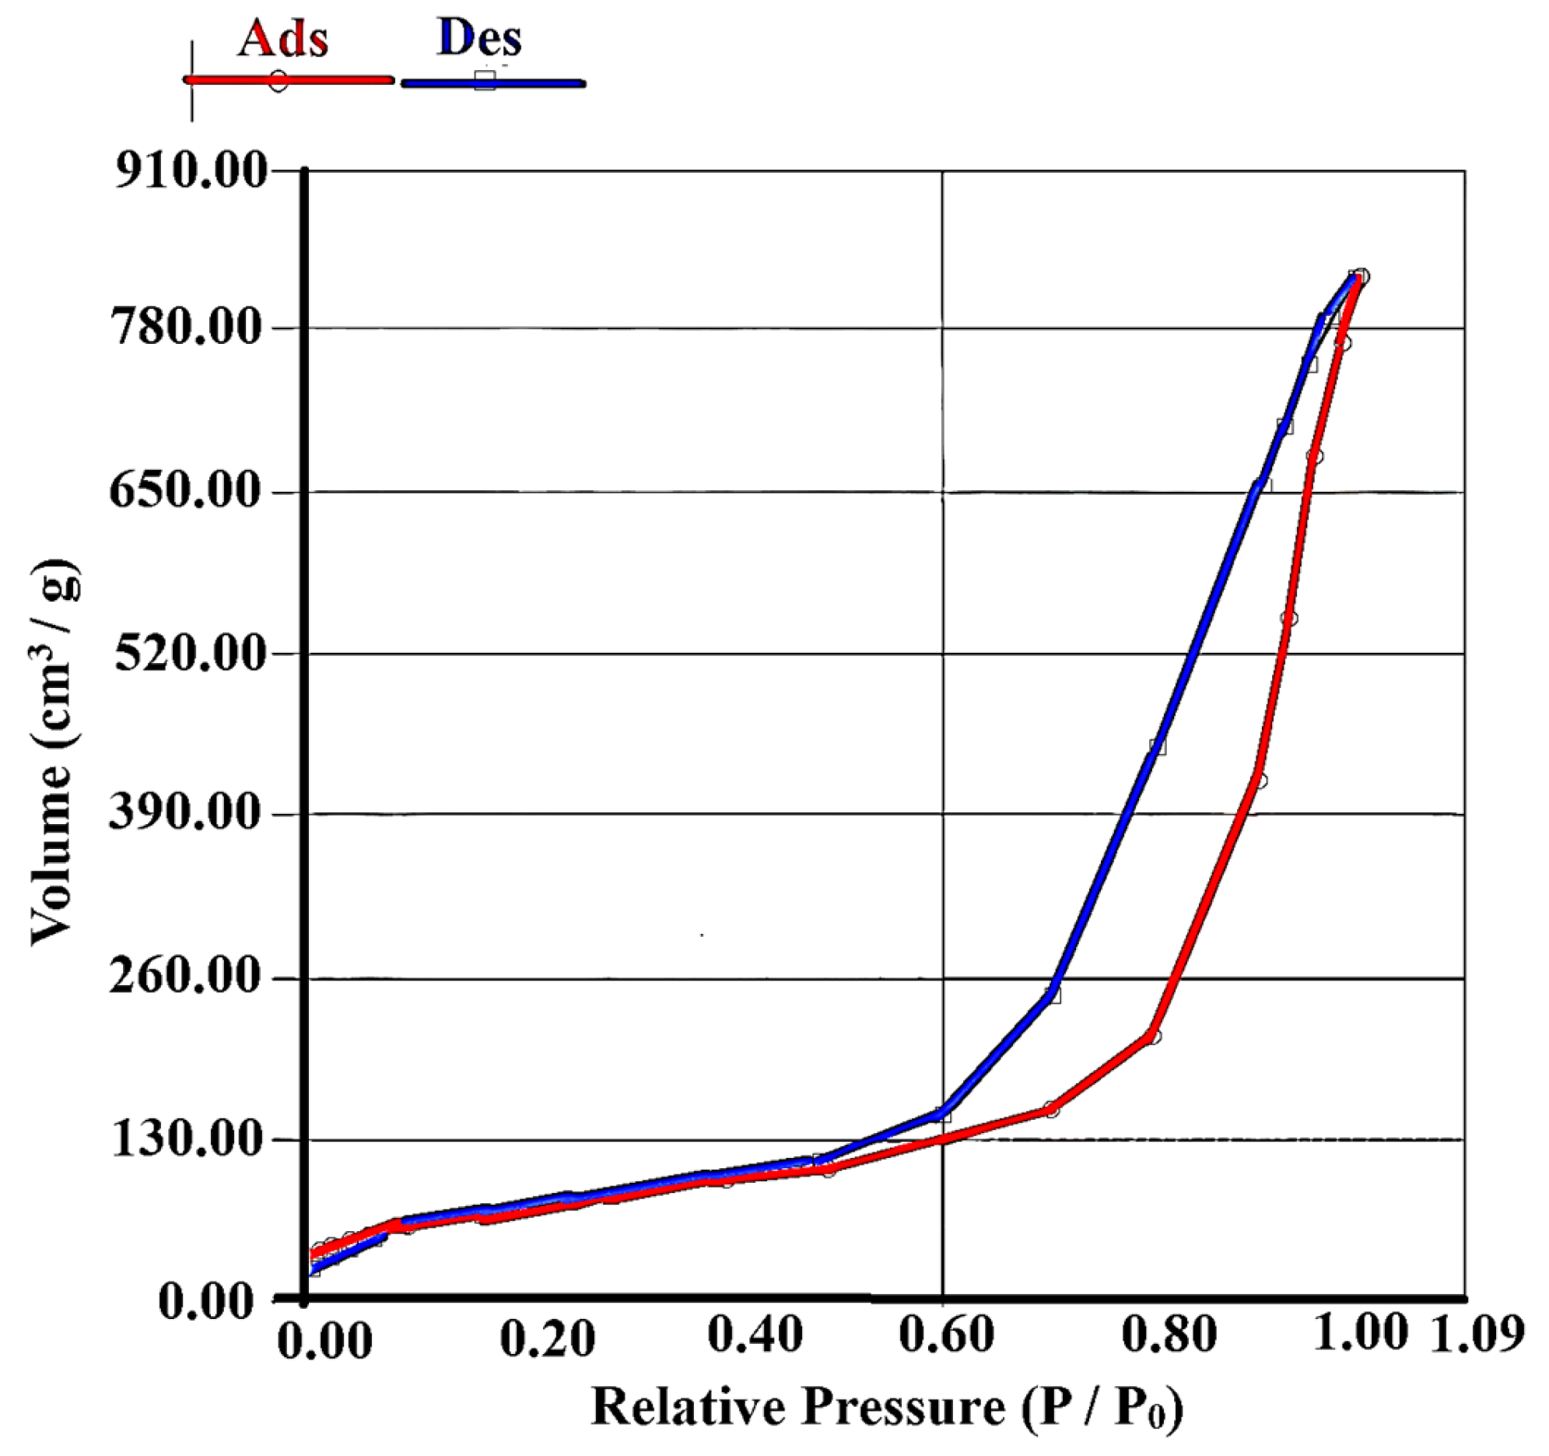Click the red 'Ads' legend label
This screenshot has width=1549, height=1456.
pyautogui.click(x=282, y=38)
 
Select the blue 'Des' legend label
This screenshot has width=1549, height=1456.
pyautogui.click(x=479, y=37)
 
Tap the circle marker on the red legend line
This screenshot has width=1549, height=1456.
pyautogui.click(x=279, y=81)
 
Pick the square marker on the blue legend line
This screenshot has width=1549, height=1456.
pyautogui.click(x=485, y=79)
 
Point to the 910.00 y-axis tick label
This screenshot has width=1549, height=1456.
pyautogui.click(x=191, y=170)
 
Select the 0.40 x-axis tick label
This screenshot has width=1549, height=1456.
pyautogui.click(x=754, y=1336)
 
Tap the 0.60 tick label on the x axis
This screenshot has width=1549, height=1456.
pyautogui.click(x=946, y=1336)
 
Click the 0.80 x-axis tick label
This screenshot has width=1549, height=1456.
pyautogui.click(x=1169, y=1336)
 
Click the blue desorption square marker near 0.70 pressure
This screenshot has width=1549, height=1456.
pyautogui.click(x=1053, y=995)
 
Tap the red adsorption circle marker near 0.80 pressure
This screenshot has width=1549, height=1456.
pyautogui.click(x=1153, y=1037)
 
